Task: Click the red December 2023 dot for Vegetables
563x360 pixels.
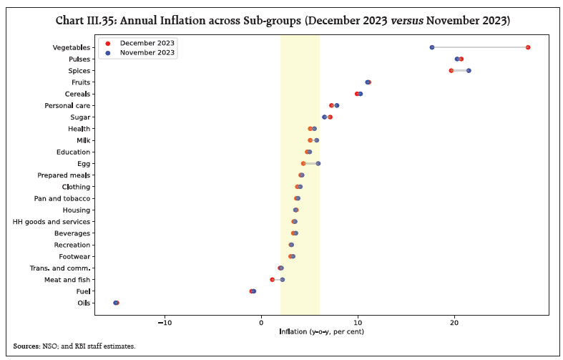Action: pyautogui.click(x=527, y=47)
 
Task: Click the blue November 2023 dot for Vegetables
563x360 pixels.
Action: pyautogui.click(x=432, y=47)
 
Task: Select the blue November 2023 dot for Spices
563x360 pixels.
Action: pyautogui.click(x=469, y=70)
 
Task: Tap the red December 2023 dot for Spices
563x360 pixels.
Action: pyautogui.click(x=451, y=70)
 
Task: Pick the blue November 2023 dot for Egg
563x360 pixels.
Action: pyautogui.click(x=318, y=163)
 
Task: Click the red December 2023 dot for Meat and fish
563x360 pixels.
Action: pyautogui.click(x=272, y=279)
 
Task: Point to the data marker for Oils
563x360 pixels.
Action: pyautogui.click(x=116, y=303)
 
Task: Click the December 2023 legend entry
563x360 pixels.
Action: pyautogui.click(x=147, y=43)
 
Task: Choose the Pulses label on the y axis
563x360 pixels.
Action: pyautogui.click(x=79, y=59)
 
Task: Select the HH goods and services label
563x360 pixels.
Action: pyautogui.click(x=52, y=221)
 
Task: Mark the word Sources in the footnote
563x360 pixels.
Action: pyautogui.click(x=26, y=346)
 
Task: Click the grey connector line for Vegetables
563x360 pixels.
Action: pyautogui.click(x=479, y=47)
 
